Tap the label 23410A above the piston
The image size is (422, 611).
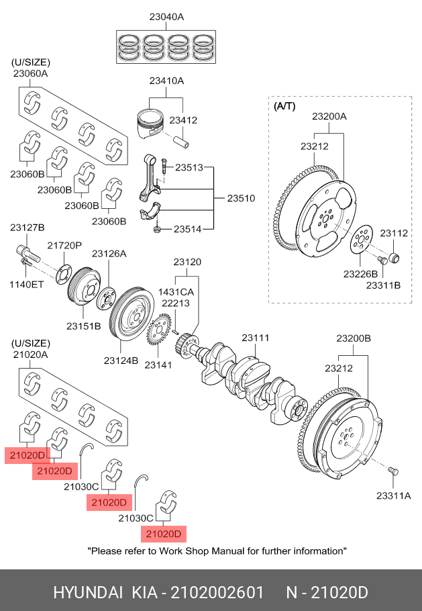point(166,81)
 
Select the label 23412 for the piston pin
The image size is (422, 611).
point(182,120)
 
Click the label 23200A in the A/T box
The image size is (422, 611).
point(329,116)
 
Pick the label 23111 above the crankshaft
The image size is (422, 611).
point(256,338)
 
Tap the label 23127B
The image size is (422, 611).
point(27,228)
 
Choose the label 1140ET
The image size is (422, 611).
point(27,284)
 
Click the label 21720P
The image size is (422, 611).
point(64,246)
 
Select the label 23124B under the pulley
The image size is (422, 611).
point(121,361)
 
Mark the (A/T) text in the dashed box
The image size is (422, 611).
point(285,106)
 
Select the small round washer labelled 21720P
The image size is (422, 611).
point(64,272)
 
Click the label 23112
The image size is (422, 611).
point(394,233)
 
